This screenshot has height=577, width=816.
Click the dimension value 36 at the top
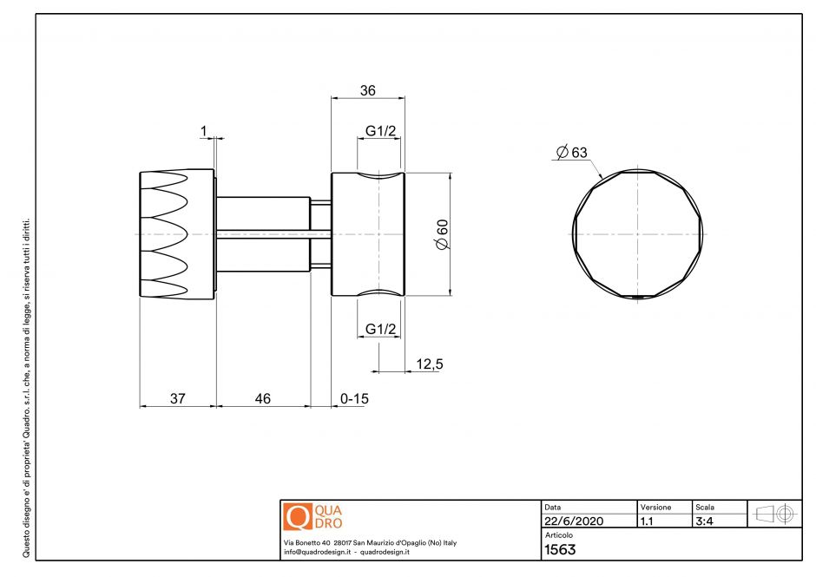click(x=368, y=89)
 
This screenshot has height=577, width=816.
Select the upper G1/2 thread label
click(x=380, y=131)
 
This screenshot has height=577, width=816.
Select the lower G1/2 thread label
click(x=380, y=329)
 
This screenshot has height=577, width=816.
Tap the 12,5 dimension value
click(x=430, y=364)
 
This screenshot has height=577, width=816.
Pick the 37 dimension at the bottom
click(x=177, y=398)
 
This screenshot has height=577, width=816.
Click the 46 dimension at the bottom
click(x=262, y=398)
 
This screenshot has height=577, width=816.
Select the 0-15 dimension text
click(x=355, y=398)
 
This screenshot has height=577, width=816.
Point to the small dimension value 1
click(x=203, y=131)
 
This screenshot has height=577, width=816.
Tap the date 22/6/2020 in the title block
click(x=573, y=521)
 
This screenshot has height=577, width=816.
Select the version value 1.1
click(x=647, y=521)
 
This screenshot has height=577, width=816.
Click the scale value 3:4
click(x=705, y=521)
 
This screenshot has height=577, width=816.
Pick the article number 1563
click(x=560, y=549)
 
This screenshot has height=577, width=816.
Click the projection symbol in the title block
click(x=775, y=514)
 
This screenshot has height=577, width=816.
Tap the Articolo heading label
click(x=558, y=535)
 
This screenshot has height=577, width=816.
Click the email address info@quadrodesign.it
click(x=316, y=552)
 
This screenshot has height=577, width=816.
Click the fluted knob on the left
click(x=177, y=234)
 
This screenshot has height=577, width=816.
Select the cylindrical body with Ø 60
click(x=368, y=234)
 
